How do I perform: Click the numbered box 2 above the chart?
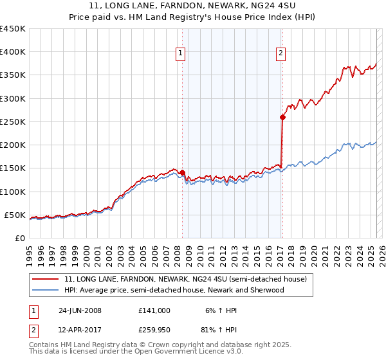(x=281, y=53)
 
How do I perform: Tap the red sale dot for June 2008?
(x=182, y=172)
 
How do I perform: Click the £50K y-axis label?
(x=15, y=215)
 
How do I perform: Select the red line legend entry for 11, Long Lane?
(x=186, y=279)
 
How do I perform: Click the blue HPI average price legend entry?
(x=174, y=290)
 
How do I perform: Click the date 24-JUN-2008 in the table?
(x=80, y=310)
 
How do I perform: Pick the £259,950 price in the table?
(x=154, y=331)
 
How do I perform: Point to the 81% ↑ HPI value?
(x=220, y=331)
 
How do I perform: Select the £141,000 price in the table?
(x=154, y=310)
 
